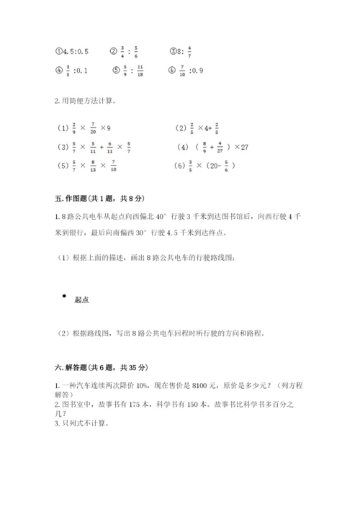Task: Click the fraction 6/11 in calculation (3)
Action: tap(109, 148)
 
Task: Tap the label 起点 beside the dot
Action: tap(81, 300)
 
